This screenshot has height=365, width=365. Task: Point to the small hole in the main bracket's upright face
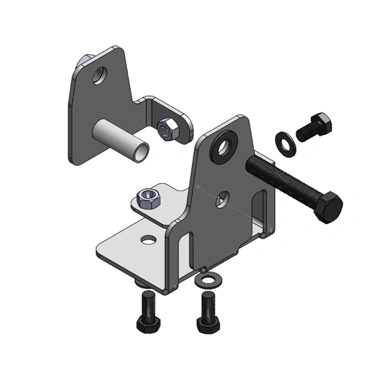pos(226,196)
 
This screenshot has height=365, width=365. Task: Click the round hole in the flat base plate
pos(149,239)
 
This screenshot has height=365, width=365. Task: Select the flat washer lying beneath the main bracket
pos(209,280)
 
